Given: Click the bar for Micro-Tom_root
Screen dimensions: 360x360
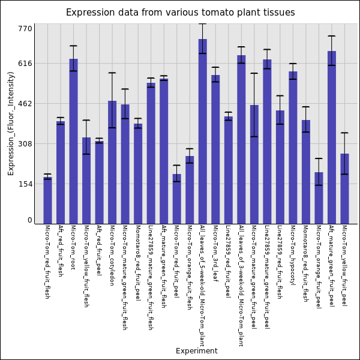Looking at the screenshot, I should [x=73, y=141].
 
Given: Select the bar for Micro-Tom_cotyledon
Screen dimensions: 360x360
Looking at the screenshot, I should [x=112, y=162].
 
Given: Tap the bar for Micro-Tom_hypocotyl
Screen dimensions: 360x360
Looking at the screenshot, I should [x=293, y=148].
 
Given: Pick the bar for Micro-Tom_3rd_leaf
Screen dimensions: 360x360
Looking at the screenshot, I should [x=215, y=149].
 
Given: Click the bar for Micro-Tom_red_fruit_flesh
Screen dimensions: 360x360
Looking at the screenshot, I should [x=47, y=200].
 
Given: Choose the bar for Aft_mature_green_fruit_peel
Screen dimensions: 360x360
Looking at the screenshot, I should [x=332, y=137].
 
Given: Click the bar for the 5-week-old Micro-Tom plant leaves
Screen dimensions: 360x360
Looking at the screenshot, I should [x=203, y=131].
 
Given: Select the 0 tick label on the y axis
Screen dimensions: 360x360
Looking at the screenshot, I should [x=29, y=220].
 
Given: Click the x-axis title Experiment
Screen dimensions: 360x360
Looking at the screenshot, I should [x=196, y=351].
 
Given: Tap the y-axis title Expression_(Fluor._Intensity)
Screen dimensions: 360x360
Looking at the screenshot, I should [x=11, y=123].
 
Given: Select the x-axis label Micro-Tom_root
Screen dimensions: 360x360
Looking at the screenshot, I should [x=73, y=247].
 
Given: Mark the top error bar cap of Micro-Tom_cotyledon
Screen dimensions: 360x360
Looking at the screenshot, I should [x=112, y=73].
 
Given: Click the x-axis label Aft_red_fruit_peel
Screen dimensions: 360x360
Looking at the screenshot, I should [x=99, y=250].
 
